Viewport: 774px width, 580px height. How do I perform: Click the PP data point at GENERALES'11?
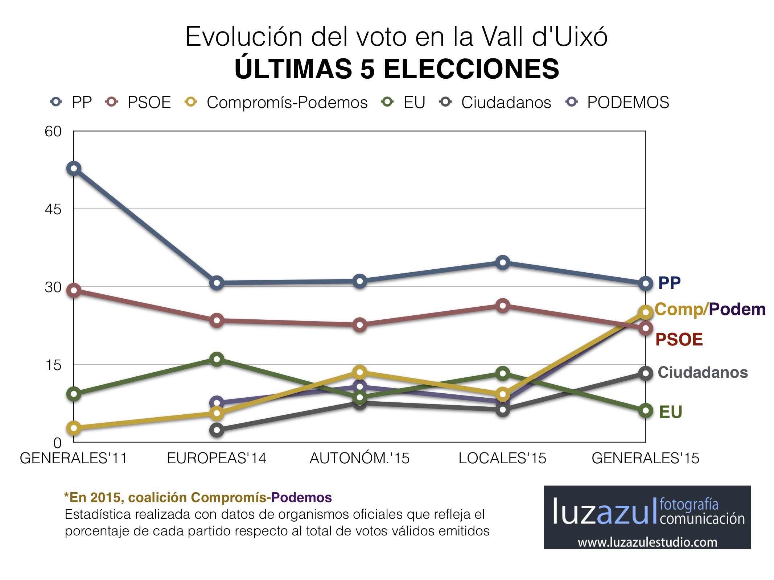pyautogui.click(x=74, y=169)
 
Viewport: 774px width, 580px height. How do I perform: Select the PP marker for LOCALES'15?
pyautogui.click(x=503, y=262)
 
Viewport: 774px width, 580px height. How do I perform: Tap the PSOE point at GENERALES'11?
pyautogui.click(x=74, y=290)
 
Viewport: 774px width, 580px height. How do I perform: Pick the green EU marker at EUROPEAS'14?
pyautogui.click(x=217, y=359)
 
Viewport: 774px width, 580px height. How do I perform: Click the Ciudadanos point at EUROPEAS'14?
pyautogui.click(x=217, y=430)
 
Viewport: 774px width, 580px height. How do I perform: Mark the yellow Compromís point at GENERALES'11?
pyautogui.click(x=74, y=428)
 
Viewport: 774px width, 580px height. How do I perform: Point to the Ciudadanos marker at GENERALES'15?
pyautogui.click(x=646, y=373)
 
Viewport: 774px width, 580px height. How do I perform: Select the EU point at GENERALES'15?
pyautogui.click(x=646, y=411)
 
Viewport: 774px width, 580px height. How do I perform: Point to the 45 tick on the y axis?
pyautogui.click(x=53, y=209)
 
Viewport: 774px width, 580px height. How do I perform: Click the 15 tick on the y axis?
pyautogui.click(x=53, y=365)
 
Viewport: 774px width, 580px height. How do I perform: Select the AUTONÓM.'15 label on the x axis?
pyautogui.click(x=359, y=458)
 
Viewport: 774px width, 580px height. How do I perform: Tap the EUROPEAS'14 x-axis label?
pyautogui.click(x=217, y=458)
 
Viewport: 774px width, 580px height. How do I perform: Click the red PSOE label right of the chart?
pyautogui.click(x=679, y=340)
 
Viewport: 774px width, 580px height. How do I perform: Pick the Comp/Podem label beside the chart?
pyautogui.click(x=710, y=309)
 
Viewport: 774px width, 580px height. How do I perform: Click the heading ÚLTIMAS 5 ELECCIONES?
pyautogui.click(x=397, y=69)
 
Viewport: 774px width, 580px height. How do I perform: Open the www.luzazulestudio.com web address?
pyautogui.click(x=647, y=542)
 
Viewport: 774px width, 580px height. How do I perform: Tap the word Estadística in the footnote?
pyautogui.click(x=98, y=514)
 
